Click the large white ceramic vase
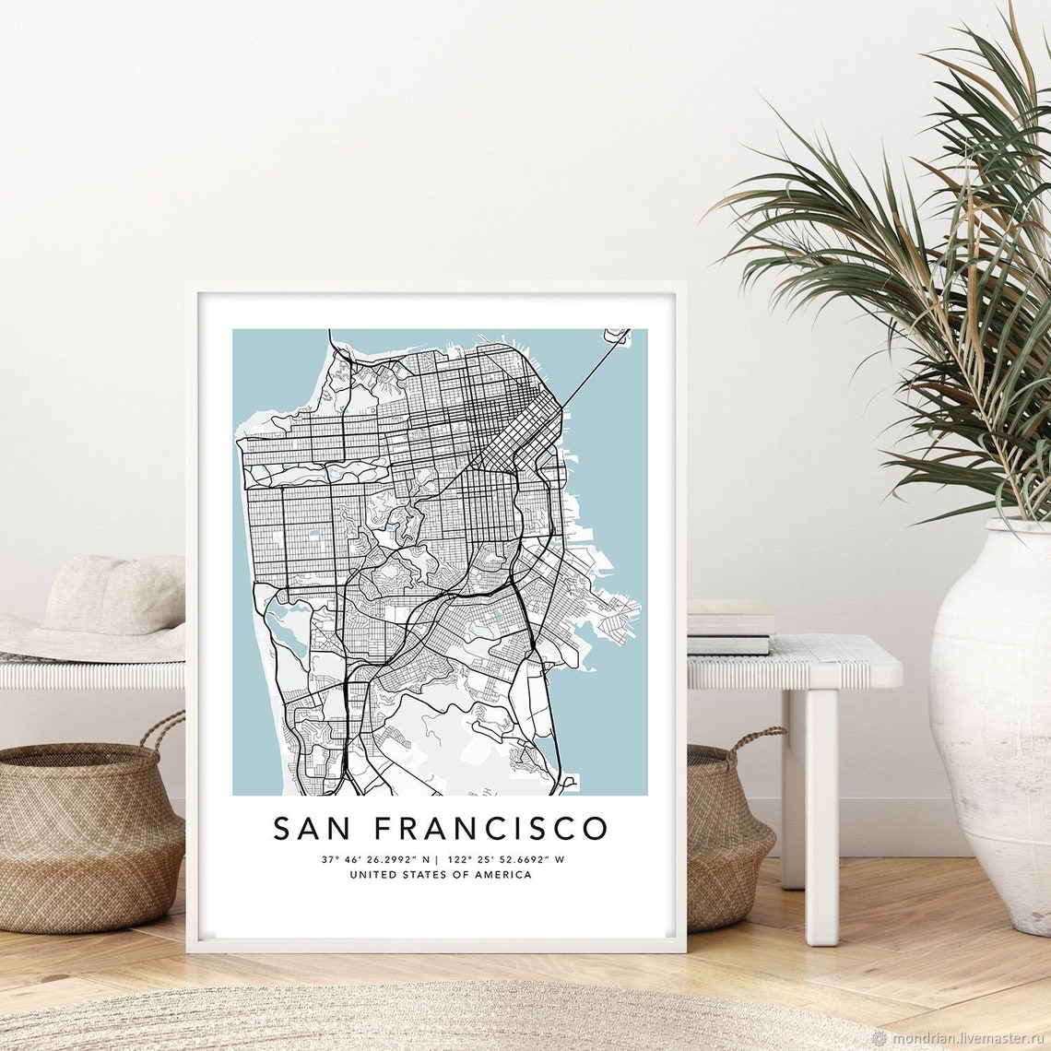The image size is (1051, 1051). (x=991, y=719)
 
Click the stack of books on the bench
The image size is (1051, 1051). (x=731, y=627)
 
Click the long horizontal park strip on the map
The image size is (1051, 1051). (x=313, y=472)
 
